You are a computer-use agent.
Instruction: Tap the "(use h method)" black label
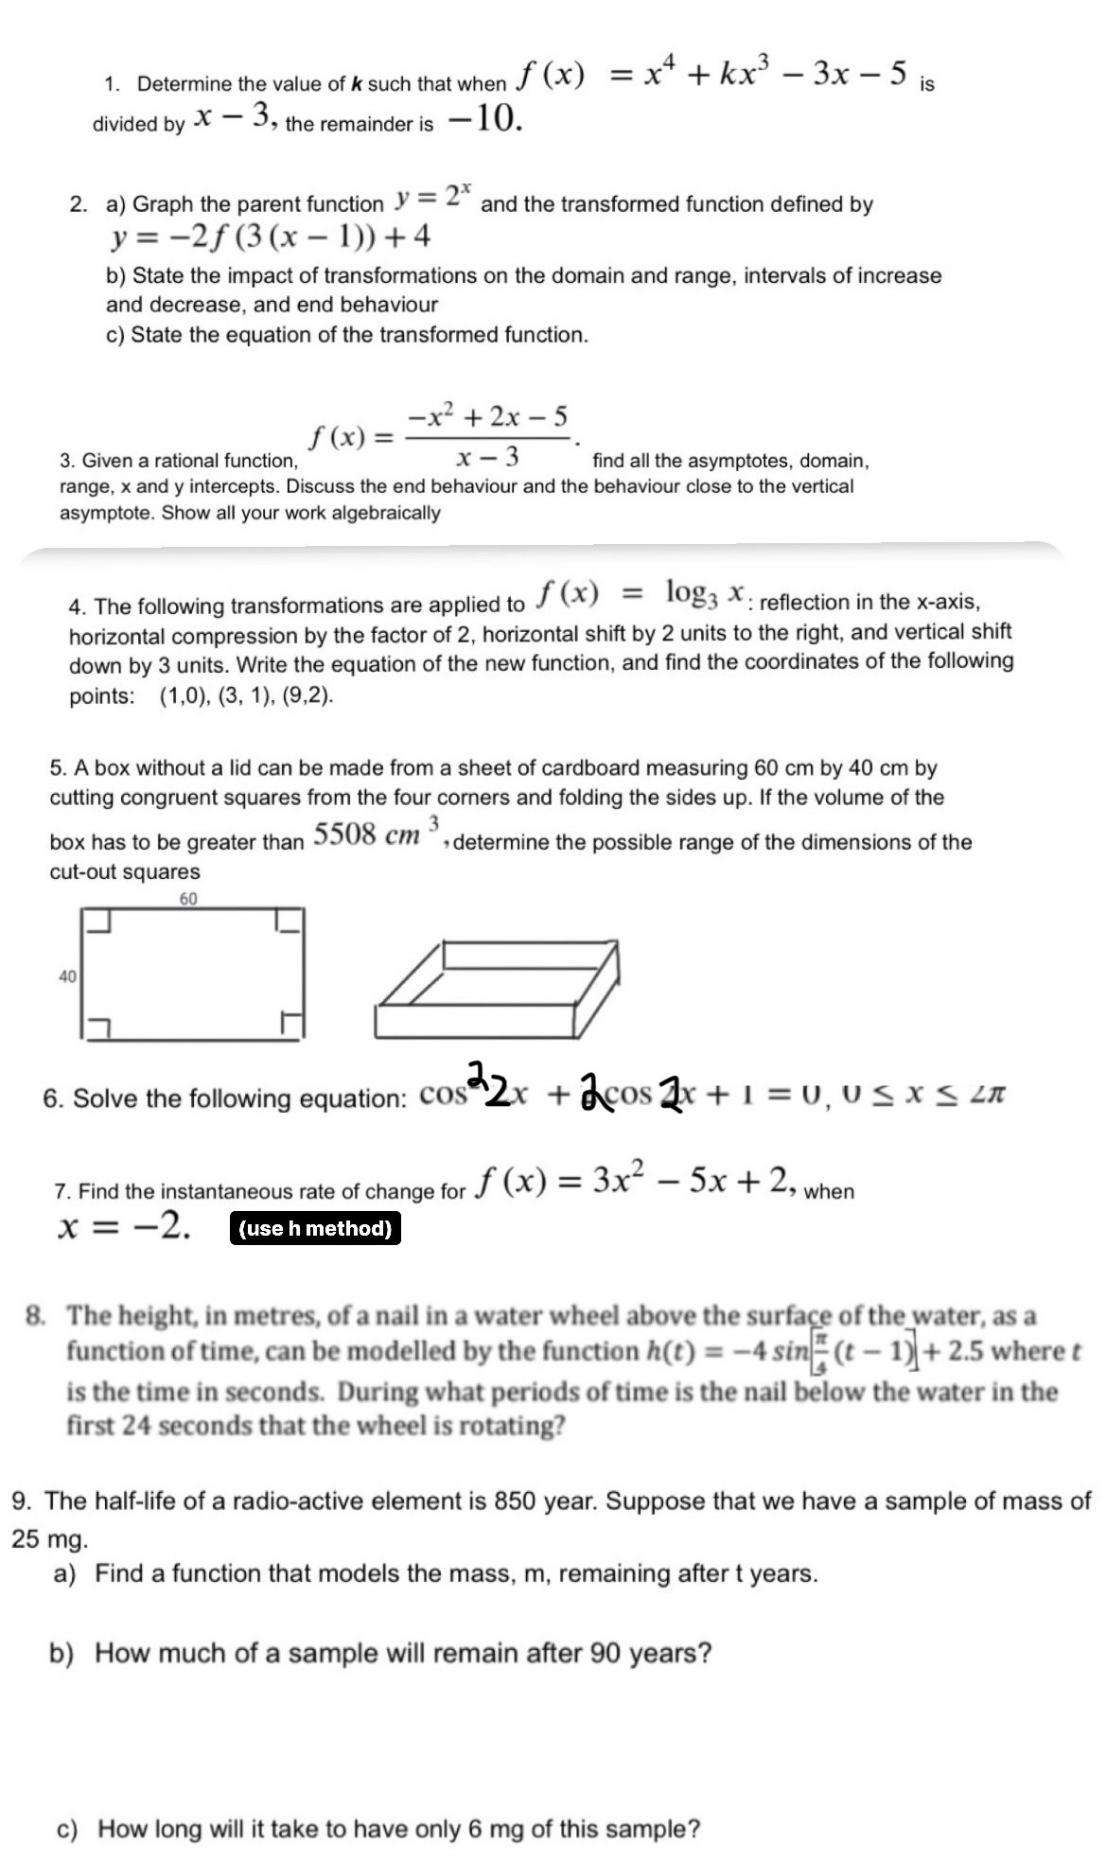point(315,1229)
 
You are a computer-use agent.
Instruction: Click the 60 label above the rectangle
point(188,899)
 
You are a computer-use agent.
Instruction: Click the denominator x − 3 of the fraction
point(487,459)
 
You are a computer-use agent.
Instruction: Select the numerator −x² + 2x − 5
point(488,415)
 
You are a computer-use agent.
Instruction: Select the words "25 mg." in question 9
point(50,1539)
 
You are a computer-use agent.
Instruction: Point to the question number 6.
point(52,1098)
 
